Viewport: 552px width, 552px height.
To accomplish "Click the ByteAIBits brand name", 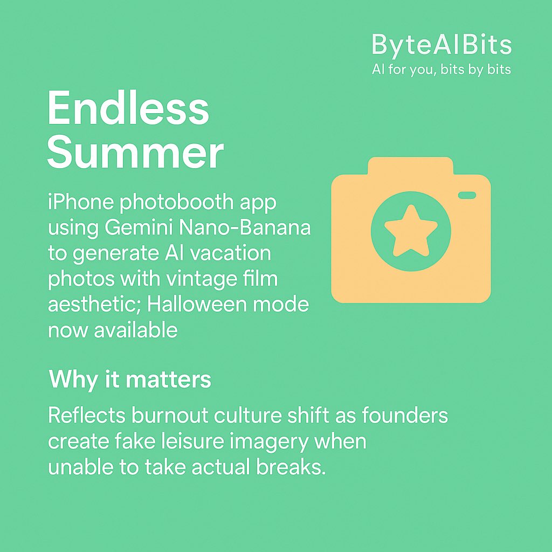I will [x=441, y=45].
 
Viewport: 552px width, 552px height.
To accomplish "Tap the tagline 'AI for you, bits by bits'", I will [x=441, y=70].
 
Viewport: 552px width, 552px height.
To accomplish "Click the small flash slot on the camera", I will [x=467, y=195].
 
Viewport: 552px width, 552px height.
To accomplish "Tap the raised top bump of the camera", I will [x=410, y=165].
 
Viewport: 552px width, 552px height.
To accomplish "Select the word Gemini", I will [x=137, y=229].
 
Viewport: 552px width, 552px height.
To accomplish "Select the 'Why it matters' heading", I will [x=130, y=380].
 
